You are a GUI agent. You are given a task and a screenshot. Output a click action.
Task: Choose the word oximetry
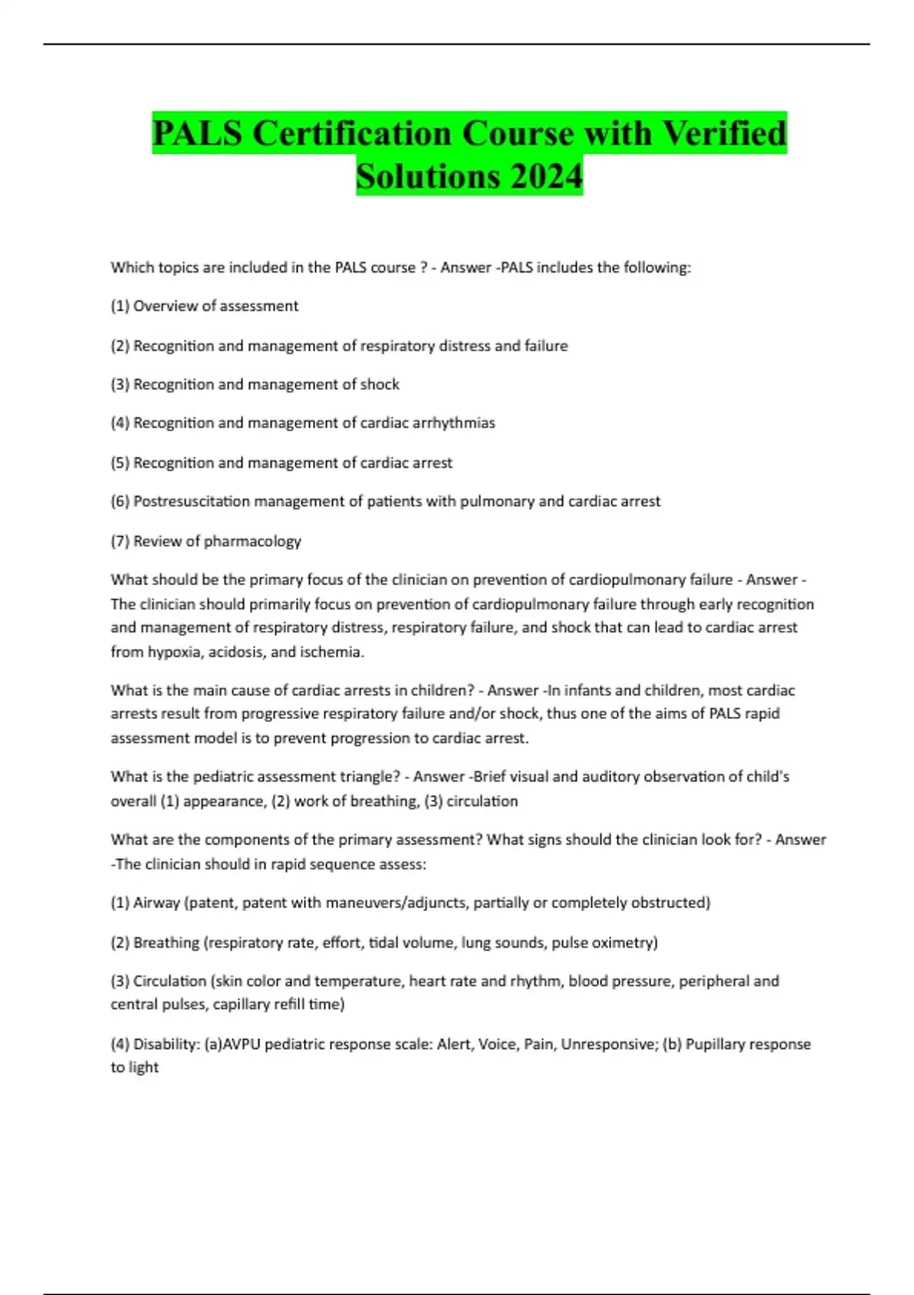(x=622, y=943)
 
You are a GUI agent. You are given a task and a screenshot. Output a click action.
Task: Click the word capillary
(x=241, y=1005)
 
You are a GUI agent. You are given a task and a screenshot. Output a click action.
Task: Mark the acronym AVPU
(x=241, y=1044)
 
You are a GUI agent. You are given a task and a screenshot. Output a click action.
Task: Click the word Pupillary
(x=716, y=1044)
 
